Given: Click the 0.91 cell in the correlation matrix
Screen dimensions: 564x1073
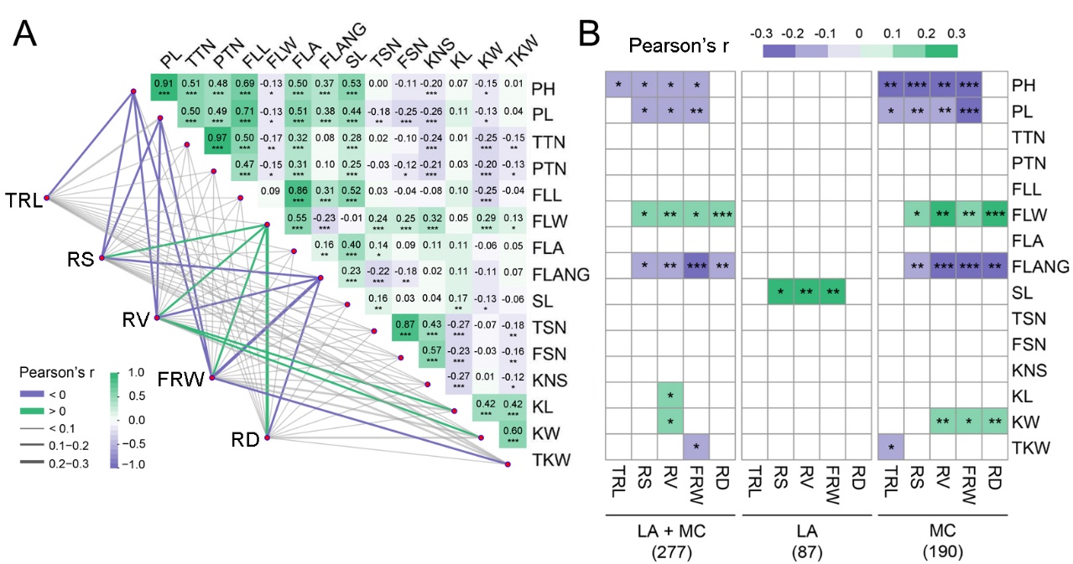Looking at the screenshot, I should (164, 87).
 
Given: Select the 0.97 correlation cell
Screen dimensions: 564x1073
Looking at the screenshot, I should (218, 142).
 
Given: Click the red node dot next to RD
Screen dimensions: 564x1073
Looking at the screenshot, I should (267, 437).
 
